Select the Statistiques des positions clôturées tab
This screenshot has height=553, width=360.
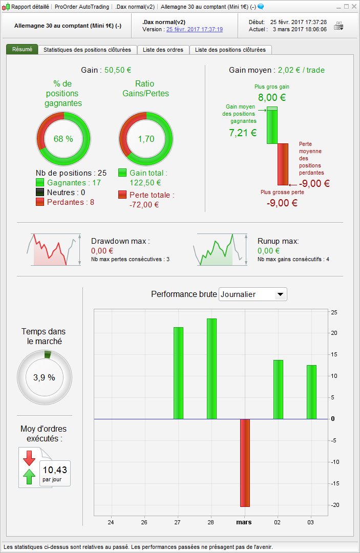click(x=88, y=50)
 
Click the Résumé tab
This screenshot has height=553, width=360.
click(x=22, y=50)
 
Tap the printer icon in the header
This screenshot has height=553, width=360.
click(x=339, y=26)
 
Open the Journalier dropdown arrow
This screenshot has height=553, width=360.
click(x=280, y=294)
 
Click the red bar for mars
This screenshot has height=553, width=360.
click(x=245, y=462)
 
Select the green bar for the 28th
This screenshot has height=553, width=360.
click(x=211, y=369)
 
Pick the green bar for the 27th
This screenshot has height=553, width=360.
click(x=178, y=373)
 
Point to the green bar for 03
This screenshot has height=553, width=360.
click(x=311, y=392)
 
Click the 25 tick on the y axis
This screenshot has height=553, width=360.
click(x=334, y=312)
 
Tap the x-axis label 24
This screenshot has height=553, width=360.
click(x=111, y=522)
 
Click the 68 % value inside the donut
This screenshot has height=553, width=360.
click(x=63, y=139)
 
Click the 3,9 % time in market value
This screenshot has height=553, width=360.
click(x=44, y=377)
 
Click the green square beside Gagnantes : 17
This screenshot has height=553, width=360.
click(x=40, y=182)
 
